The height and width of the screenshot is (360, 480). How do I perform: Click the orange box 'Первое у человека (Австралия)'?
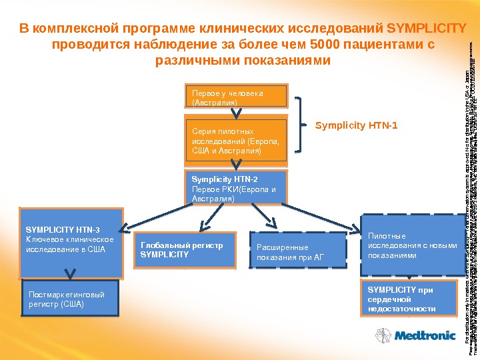pyautogui.click(x=238, y=97)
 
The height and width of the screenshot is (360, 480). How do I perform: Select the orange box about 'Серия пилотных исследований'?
pyautogui.click(x=238, y=141)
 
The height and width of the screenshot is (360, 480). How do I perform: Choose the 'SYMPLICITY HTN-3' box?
pyautogui.click(x=71, y=244)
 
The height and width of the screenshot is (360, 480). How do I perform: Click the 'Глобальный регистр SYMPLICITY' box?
pyautogui.click(x=185, y=250)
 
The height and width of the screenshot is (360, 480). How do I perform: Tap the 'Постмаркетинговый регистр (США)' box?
pyautogui.click(x=71, y=299)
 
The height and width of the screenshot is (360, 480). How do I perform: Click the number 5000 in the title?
pyautogui.click(x=325, y=45)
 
